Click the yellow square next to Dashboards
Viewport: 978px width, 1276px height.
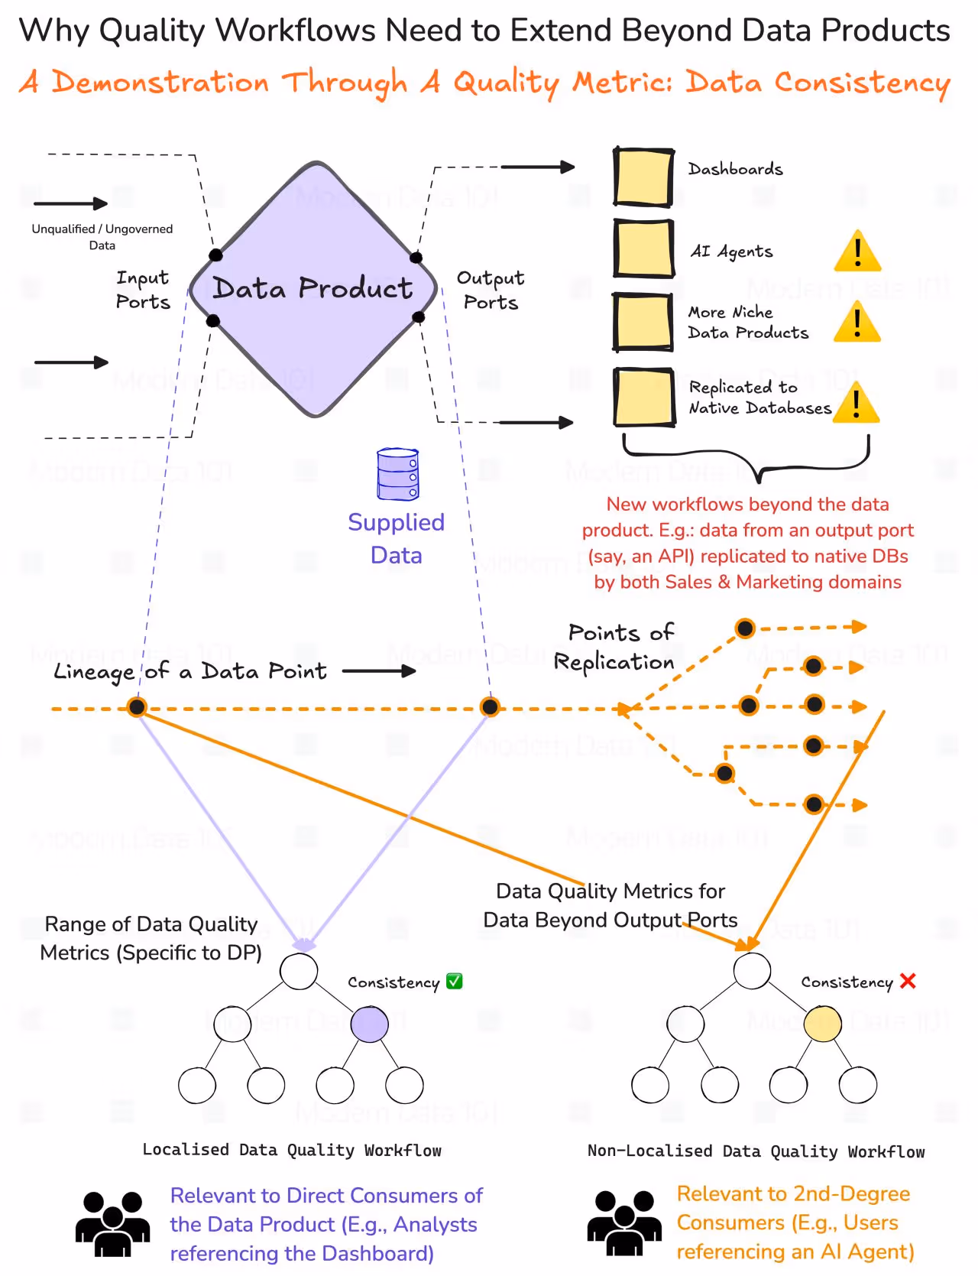click(643, 177)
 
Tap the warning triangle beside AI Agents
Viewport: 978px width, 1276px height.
click(857, 252)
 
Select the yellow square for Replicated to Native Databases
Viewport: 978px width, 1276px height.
click(644, 398)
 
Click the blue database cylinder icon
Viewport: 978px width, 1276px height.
click(397, 474)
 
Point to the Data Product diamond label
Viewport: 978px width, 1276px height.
click(313, 288)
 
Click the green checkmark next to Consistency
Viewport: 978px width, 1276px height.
click(454, 981)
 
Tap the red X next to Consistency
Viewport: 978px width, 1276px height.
click(908, 981)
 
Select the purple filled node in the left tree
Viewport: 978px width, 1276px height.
click(369, 1024)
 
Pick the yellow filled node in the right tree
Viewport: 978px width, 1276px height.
click(823, 1024)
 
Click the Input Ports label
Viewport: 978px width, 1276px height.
click(143, 290)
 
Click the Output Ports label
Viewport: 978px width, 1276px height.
click(491, 290)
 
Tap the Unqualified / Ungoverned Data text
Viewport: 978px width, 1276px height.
click(102, 237)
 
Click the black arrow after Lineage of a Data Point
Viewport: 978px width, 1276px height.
click(379, 671)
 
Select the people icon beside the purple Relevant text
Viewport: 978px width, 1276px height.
click(113, 1224)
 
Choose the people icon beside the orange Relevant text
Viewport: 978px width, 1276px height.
click(624, 1223)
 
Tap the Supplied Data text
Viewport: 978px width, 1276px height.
click(396, 538)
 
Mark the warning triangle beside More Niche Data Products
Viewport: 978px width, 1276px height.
click(857, 323)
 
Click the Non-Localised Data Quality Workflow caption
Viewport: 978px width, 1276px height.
click(756, 1151)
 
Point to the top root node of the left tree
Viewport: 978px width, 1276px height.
click(299, 972)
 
